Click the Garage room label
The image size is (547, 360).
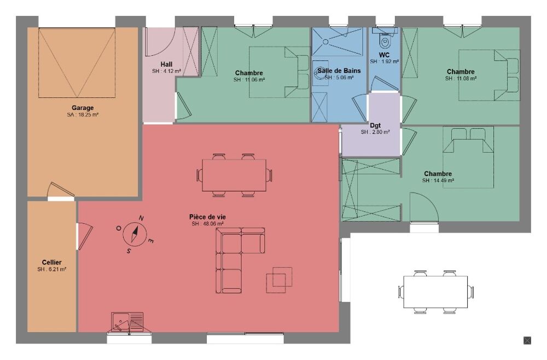pyautogui.click(x=83, y=108)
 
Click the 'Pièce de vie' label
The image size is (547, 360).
pyautogui.click(x=207, y=217)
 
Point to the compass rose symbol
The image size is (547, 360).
pyautogui.click(x=134, y=234)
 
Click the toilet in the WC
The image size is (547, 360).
pyautogui.click(x=385, y=40)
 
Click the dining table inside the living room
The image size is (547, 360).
pyautogui.click(x=234, y=175)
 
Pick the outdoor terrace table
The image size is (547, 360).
pyautogui.click(x=435, y=292)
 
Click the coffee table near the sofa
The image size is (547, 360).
pyautogui.click(x=279, y=280)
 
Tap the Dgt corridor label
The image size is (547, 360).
pyautogui.click(x=375, y=125)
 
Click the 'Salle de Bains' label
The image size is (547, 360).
pyautogui.click(x=339, y=71)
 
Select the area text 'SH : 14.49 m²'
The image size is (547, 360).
pyautogui.click(x=438, y=180)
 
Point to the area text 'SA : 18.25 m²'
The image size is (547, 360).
pyautogui.click(x=83, y=115)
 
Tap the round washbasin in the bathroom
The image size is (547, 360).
pyautogui.click(x=321, y=71)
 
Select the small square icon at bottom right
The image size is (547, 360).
pyautogui.click(x=527, y=340)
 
